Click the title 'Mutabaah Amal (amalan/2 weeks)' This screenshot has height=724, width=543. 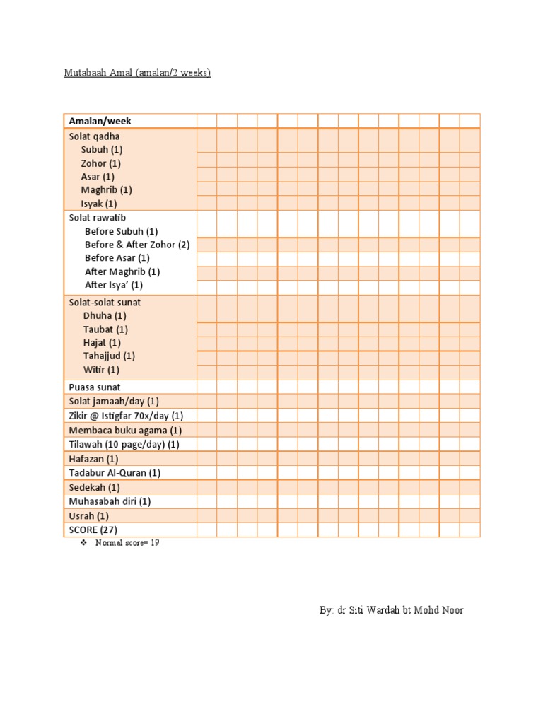coord(138,73)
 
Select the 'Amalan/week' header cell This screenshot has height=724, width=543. coord(100,121)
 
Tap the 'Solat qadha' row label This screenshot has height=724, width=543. coord(95,136)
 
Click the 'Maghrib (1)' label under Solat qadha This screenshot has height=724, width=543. coord(106,189)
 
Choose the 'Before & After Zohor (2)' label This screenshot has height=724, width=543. coord(137,245)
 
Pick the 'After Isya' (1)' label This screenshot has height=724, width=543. coord(114,285)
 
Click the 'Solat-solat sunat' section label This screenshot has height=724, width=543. coord(105,303)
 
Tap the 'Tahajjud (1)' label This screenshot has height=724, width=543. coord(109,356)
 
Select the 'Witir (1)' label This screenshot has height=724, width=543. coord(101,370)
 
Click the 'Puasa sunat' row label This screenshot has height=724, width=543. coord(95,387)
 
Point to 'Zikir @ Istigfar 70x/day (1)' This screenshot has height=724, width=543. coord(126,416)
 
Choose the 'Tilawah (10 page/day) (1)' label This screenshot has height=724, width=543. coord(124,444)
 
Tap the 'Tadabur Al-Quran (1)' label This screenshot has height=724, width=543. coord(115,472)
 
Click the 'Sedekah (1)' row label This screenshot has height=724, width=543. coord(95,487)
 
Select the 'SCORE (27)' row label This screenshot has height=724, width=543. coord(93,530)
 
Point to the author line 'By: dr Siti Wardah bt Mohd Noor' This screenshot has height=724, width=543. coord(391,609)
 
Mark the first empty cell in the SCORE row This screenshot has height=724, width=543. coord(206,530)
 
